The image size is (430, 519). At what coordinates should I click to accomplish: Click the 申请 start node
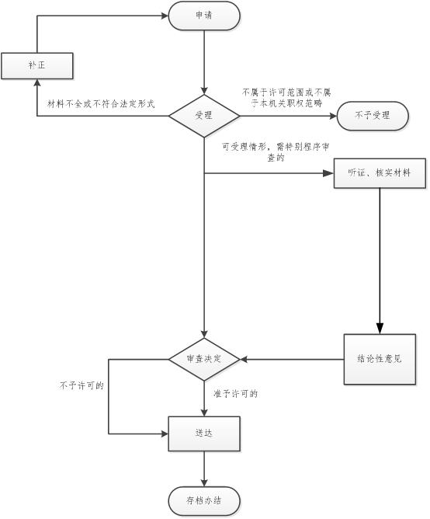pos(204,16)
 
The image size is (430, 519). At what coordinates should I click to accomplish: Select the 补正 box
pos(37,65)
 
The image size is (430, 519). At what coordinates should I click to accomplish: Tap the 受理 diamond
pos(204,116)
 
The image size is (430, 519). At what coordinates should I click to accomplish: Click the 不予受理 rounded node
pos(373,116)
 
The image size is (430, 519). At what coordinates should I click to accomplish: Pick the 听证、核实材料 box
pos(380,173)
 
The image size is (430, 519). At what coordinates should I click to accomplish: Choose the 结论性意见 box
pos(380,359)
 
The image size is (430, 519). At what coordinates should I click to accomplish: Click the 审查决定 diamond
pos(204,359)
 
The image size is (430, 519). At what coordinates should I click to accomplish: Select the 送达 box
pos(204,434)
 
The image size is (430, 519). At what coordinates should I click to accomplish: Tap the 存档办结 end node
pos(204,501)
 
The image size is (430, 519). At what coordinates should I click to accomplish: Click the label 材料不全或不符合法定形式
pos(101,104)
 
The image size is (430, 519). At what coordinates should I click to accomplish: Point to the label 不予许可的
pos(81,385)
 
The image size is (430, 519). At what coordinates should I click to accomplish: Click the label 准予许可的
pos(235,394)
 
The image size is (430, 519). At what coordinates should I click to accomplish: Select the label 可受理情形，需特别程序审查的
pos(276,152)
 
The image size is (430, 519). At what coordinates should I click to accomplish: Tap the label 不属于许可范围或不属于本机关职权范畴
pos(286,98)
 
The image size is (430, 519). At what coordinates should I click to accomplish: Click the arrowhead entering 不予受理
pos(334,116)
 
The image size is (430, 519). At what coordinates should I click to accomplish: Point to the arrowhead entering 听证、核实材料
pos(328,173)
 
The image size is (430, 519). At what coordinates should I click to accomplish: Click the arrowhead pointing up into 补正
pos(37,82)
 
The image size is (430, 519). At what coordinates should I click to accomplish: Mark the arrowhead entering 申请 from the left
pos(165,16)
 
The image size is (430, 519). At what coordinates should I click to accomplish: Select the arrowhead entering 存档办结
pos(204,483)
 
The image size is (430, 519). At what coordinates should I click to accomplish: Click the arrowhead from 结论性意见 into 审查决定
pos(244,359)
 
